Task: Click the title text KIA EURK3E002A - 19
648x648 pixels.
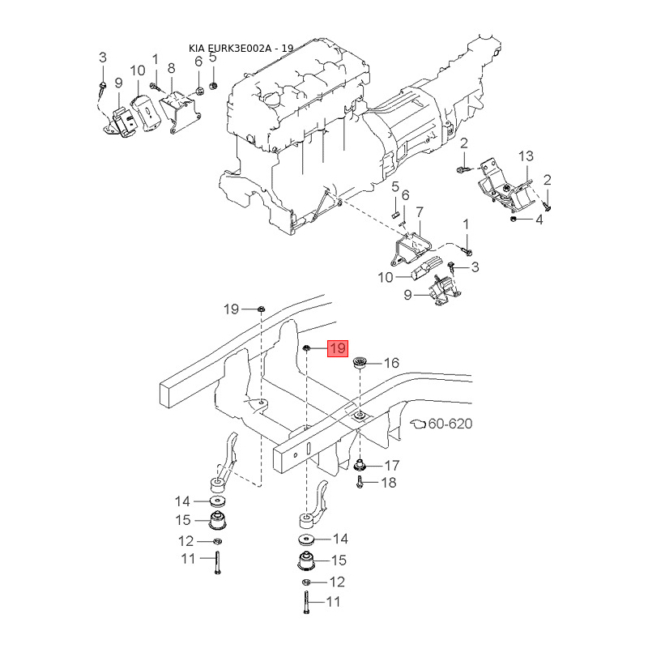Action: [241, 49]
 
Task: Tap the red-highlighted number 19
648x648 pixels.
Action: [338, 348]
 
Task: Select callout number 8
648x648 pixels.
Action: [171, 68]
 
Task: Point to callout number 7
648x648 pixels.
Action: [420, 212]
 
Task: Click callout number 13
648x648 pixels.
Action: [526, 156]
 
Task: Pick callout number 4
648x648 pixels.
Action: [539, 220]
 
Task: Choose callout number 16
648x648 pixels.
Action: [391, 363]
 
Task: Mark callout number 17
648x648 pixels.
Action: [392, 465]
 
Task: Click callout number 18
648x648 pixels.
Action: [389, 482]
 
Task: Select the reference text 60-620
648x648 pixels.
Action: [450, 424]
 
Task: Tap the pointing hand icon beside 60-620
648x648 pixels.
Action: [418, 424]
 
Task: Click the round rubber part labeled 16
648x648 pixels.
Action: [360, 364]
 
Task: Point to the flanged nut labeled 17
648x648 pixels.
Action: [360, 467]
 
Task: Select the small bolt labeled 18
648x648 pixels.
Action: [359, 481]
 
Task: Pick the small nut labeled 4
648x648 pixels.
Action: [514, 218]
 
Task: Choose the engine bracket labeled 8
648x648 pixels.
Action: [180, 112]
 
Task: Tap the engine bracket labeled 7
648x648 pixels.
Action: [410, 249]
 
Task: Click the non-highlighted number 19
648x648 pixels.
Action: [231, 309]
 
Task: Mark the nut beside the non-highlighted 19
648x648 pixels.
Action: [261, 309]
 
